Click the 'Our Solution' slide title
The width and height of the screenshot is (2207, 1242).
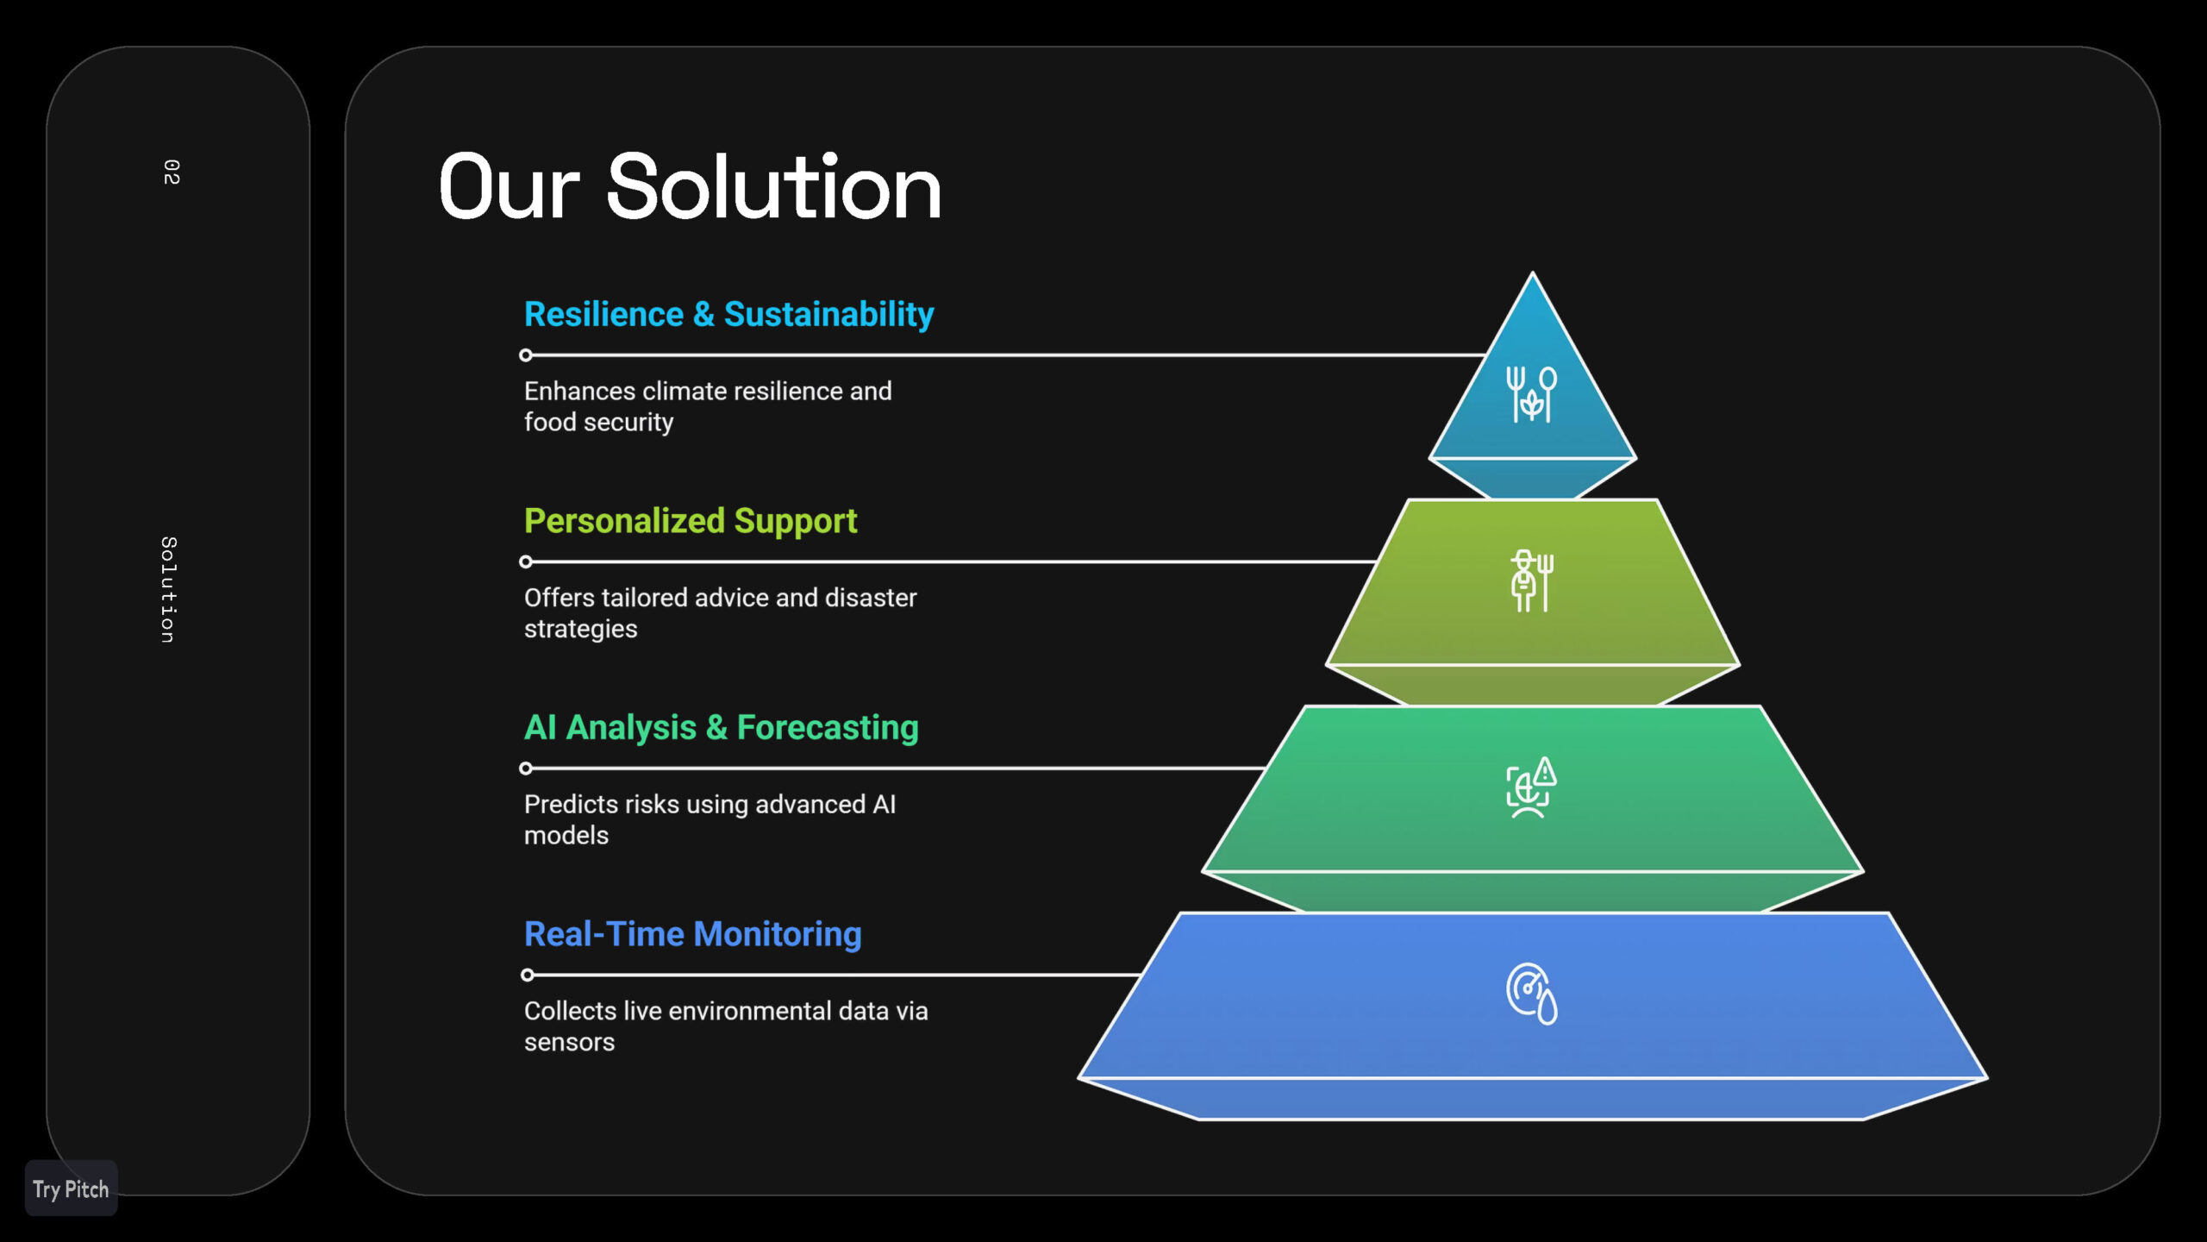click(690, 186)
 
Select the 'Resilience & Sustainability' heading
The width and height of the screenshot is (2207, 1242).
click(729, 315)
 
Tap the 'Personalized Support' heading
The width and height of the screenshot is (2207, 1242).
click(691, 522)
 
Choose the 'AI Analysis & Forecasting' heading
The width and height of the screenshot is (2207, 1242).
click(722, 728)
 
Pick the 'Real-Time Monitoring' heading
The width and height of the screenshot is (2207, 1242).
click(693, 934)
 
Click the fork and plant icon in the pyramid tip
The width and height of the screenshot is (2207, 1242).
click(1532, 394)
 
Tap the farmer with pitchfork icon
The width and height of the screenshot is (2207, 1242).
click(1532, 581)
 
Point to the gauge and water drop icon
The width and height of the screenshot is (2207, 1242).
click(1532, 994)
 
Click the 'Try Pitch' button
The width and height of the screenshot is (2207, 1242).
click(71, 1189)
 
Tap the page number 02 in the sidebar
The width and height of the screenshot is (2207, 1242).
click(172, 172)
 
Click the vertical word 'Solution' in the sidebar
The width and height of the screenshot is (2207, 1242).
click(169, 590)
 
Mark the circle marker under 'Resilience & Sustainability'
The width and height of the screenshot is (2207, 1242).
click(526, 355)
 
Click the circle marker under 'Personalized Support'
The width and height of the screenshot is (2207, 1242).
click(526, 562)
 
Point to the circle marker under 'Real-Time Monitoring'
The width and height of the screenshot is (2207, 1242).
click(528, 975)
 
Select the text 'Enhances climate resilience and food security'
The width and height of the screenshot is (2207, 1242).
click(708, 407)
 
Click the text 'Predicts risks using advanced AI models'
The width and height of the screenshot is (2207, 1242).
click(710, 820)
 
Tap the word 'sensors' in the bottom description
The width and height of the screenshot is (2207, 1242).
click(570, 1043)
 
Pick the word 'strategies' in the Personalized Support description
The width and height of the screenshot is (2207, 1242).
click(581, 630)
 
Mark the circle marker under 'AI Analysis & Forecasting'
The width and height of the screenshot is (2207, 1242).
click(526, 768)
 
